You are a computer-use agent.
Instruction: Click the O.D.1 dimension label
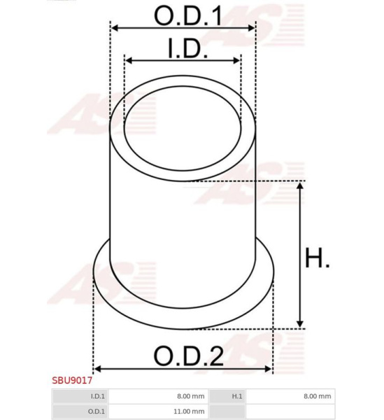click(x=188, y=16)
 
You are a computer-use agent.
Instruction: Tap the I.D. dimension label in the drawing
click(x=187, y=48)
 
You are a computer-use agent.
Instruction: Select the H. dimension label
click(x=318, y=258)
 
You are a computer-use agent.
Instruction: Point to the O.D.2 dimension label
click(x=189, y=356)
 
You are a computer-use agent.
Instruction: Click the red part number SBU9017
click(x=72, y=380)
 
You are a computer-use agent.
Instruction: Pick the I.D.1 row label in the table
click(x=98, y=396)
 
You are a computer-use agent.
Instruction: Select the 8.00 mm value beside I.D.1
click(x=190, y=396)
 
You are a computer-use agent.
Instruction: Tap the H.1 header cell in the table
click(x=237, y=396)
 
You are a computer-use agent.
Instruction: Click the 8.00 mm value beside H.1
click(x=317, y=396)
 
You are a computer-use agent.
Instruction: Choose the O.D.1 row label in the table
click(x=97, y=411)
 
